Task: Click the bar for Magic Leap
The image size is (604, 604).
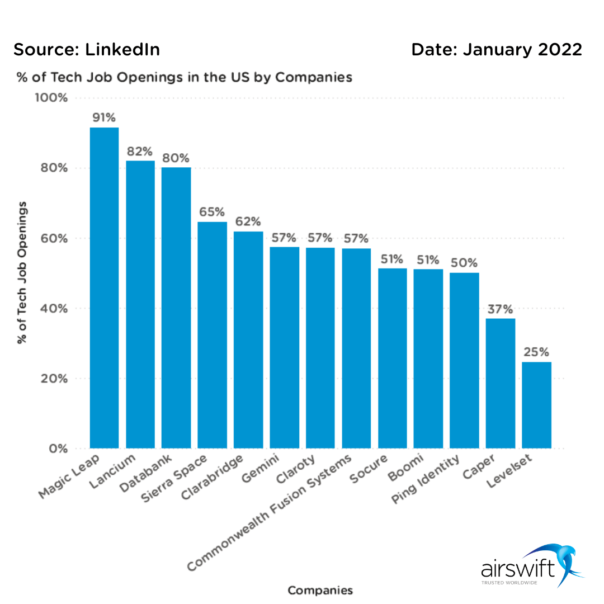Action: (x=104, y=288)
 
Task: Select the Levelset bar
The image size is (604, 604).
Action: (x=536, y=405)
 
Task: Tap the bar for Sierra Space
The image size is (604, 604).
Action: (x=212, y=335)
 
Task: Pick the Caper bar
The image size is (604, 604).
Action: (x=501, y=383)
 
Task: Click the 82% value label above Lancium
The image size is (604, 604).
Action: (x=140, y=152)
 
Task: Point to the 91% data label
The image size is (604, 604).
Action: (x=104, y=118)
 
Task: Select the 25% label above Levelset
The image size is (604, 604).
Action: (x=536, y=352)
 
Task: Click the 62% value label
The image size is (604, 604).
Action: (x=248, y=222)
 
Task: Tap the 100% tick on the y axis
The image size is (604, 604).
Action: (x=51, y=98)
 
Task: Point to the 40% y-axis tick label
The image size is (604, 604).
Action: (x=54, y=309)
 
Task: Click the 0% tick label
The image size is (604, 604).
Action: (x=57, y=449)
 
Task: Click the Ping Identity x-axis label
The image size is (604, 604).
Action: (x=427, y=480)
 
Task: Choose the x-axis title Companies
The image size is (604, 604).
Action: (x=320, y=590)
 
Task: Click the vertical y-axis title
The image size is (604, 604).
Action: (x=22, y=272)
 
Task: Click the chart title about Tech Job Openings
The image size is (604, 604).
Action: (x=183, y=77)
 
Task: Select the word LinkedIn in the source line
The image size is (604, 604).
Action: (x=122, y=50)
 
